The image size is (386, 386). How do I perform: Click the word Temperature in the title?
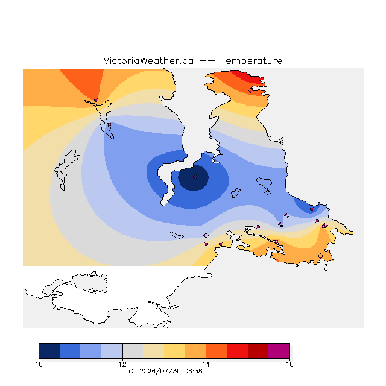[251, 60]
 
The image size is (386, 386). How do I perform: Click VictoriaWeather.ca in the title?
[148, 60]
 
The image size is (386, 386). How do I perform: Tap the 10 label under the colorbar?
[39, 364]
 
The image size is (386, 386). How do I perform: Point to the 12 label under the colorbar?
[122, 364]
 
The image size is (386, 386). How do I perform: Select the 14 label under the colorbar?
[206, 364]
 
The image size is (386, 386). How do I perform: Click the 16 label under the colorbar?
[289, 364]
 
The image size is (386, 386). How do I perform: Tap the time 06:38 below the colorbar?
[193, 371]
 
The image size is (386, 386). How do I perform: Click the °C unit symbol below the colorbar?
[130, 371]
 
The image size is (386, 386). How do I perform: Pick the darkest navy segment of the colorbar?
[49, 351]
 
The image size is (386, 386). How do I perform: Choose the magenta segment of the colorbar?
[279, 351]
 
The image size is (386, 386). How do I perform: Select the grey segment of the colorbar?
[133, 351]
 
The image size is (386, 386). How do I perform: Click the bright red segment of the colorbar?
[237, 351]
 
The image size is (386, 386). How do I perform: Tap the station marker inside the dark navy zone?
[195, 176]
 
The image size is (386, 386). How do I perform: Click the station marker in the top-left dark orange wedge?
[96, 100]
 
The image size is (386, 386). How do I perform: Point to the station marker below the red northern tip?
[251, 91]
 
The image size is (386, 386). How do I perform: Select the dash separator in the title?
[207, 61]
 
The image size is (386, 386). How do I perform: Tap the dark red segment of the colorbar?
[258, 351]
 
